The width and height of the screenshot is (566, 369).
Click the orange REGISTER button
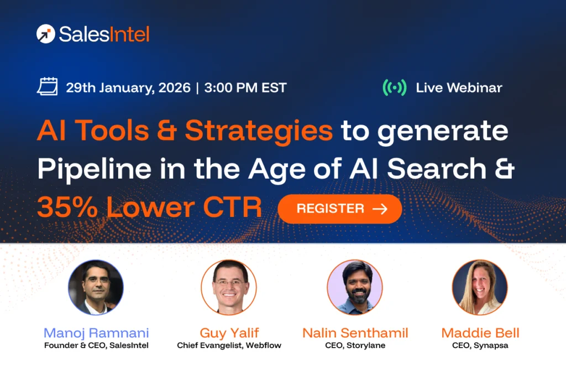pos(339,209)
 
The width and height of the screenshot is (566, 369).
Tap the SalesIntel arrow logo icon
pos(45,34)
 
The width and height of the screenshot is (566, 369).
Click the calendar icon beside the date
pos(48,87)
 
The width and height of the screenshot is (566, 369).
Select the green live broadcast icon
pos(394,87)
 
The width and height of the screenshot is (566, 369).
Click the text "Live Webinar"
pos(459,87)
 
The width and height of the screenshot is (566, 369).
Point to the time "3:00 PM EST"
pos(245,87)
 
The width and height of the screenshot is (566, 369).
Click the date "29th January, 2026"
pos(128,87)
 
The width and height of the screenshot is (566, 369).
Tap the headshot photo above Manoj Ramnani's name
pos(96,287)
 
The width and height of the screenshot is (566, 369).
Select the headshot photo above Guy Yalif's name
pos(228,287)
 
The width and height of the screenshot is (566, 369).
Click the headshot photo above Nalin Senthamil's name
pos(354,287)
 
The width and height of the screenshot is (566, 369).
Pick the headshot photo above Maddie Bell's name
pos(479,287)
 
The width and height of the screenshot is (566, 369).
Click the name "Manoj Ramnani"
pos(96,333)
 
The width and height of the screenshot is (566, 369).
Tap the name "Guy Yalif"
pos(229,333)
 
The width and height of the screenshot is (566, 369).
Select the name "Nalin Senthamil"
pos(355,333)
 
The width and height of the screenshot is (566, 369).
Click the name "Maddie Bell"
pos(480,333)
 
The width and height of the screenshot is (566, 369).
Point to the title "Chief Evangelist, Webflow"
pos(229,346)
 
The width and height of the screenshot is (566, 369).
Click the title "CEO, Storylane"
pos(355,346)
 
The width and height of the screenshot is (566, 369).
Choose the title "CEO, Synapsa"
pos(480,346)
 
